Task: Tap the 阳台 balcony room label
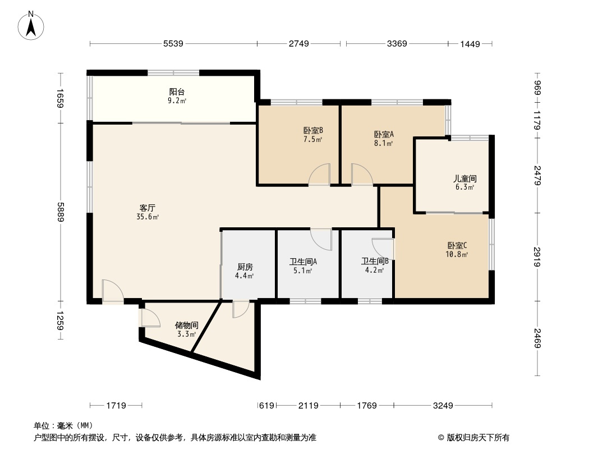177,92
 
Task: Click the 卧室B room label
313,131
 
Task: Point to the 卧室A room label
384,134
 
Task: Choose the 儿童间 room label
465,179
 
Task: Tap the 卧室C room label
457,245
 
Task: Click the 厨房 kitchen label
245,267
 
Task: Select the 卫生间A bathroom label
303,262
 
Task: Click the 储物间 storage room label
186,325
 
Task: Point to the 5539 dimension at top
174,44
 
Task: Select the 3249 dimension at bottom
443,405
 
